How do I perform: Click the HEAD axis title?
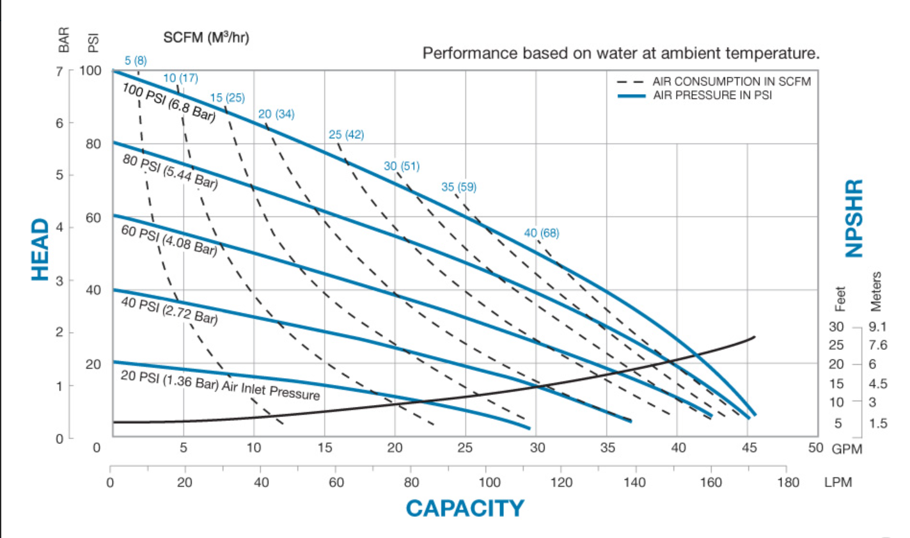tap(40, 249)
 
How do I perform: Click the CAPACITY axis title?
tap(465, 509)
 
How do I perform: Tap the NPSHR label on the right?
tap(854, 218)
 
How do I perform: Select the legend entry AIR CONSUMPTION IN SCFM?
tap(731, 82)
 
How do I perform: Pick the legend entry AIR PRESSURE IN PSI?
tap(712, 95)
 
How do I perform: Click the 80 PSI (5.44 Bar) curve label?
tap(170, 171)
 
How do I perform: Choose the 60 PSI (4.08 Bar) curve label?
tap(169, 240)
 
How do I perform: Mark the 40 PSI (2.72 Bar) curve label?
tap(169, 310)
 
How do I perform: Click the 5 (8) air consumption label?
tap(136, 61)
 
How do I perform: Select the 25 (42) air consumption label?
tap(346, 135)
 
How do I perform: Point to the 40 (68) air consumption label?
tap(541, 233)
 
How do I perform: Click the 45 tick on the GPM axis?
tap(749, 448)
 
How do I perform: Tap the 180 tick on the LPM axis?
tap(787, 482)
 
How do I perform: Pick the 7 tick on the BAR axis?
tap(59, 70)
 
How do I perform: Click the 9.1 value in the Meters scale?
tap(877, 327)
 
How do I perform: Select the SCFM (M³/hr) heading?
tap(206, 37)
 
